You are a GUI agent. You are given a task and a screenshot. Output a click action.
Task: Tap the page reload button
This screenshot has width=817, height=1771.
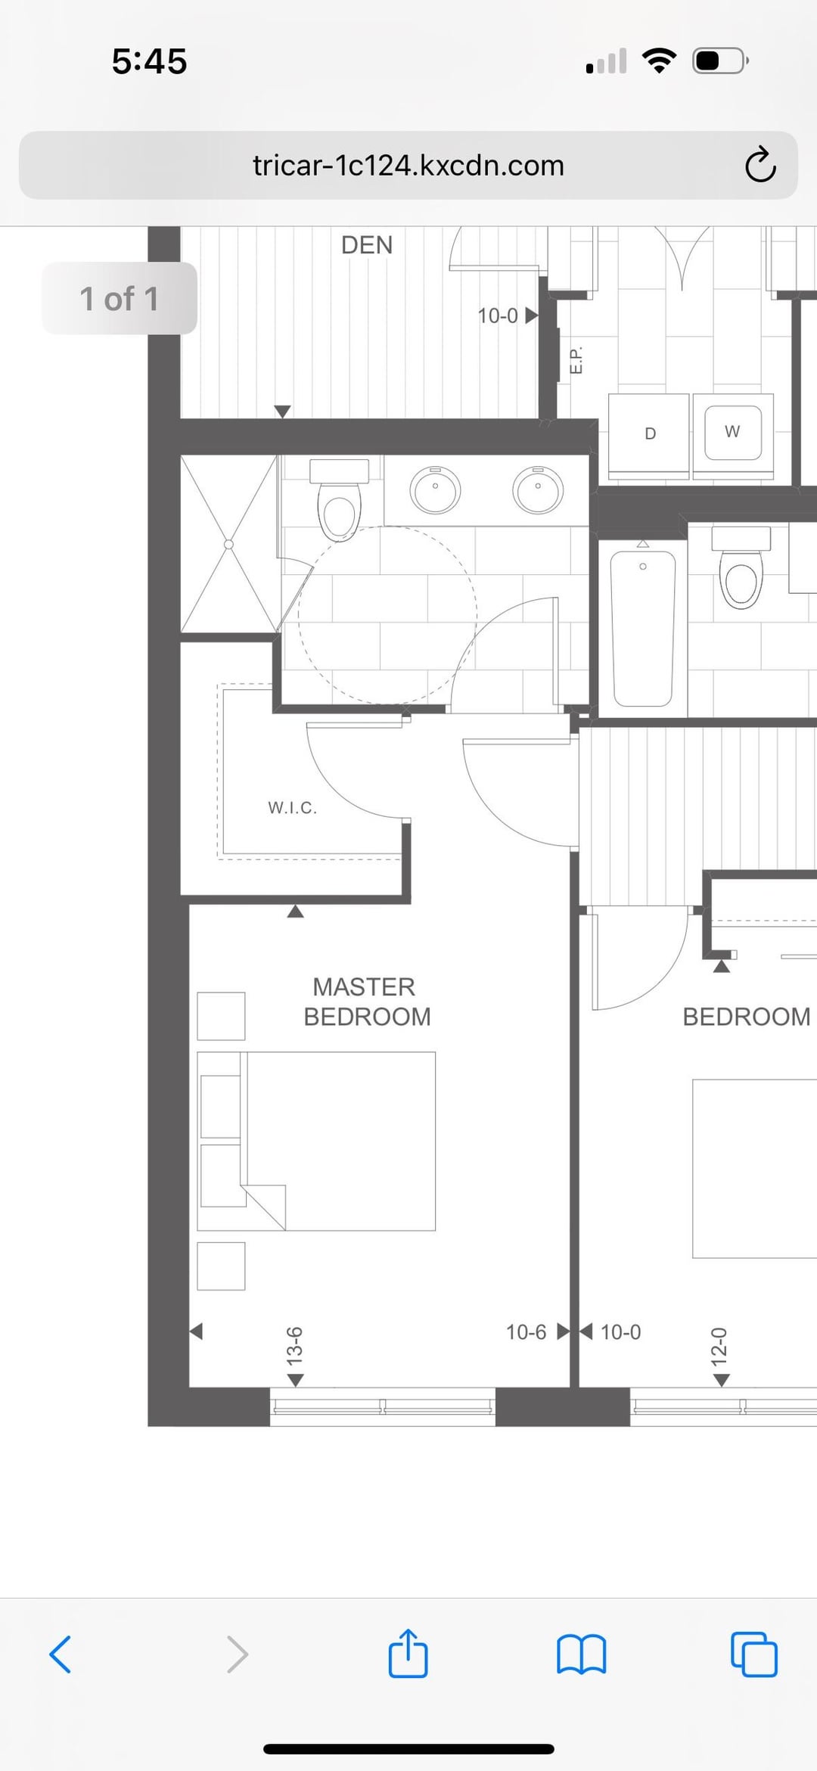[x=760, y=165]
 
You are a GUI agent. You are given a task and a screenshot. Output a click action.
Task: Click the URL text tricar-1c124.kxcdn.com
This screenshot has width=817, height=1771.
[x=408, y=166]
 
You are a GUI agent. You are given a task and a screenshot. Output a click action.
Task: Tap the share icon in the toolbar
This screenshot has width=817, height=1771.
[x=408, y=1653]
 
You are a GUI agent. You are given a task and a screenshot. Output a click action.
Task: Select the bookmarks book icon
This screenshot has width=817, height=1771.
[x=581, y=1654]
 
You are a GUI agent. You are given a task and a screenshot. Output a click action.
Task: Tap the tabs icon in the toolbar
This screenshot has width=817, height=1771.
[x=753, y=1654]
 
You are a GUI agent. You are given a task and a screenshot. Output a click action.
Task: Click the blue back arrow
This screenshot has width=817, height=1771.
[x=61, y=1654]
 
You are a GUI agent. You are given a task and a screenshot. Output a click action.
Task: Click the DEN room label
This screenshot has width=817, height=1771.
[x=367, y=245]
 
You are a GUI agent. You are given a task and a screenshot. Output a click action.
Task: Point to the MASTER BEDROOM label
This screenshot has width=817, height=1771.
[x=367, y=1002]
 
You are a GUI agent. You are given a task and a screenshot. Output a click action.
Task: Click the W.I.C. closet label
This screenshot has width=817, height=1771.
[x=292, y=808]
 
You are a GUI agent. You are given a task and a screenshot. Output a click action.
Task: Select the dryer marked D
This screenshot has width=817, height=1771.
[x=649, y=435]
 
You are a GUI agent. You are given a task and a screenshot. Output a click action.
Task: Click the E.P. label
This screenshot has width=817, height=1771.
[x=576, y=359]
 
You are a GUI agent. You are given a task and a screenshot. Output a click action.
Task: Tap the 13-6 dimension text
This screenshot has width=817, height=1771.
[x=294, y=1347]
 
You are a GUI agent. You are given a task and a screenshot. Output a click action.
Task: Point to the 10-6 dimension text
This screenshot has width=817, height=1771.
[x=526, y=1332]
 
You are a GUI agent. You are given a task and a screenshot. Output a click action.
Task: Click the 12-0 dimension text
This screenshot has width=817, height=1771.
[x=719, y=1347]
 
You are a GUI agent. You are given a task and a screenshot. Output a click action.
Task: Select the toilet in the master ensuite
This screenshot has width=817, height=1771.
[x=340, y=499]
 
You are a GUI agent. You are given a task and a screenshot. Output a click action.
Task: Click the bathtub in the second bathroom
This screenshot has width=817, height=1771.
[x=643, y=628]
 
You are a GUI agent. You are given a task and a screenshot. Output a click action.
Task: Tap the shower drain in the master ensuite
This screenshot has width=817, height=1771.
[x=228, y=544]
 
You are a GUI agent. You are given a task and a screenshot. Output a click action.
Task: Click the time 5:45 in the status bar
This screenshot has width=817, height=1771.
[x=149, y=61]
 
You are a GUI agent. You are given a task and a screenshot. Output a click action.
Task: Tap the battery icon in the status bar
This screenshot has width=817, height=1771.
[x=720, y=61]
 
